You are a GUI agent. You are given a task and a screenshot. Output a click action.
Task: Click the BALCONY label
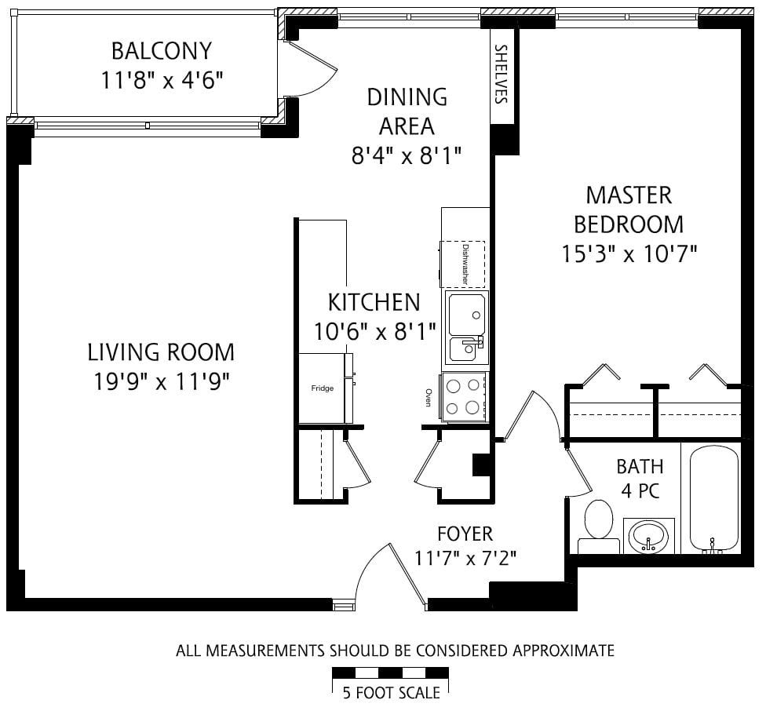point(162,51)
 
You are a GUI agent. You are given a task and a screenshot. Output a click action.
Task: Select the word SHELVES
point(502,75)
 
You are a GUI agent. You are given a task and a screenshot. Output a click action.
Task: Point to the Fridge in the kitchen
point(323,388)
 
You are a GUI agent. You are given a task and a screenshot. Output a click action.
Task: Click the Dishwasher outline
point(462,264)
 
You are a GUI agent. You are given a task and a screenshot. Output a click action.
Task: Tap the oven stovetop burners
point(464,396)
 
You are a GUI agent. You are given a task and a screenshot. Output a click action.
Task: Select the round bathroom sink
point(648,536)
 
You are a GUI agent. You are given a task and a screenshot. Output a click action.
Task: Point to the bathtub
point(713,500)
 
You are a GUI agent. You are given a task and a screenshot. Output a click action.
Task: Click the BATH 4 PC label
point(640,479)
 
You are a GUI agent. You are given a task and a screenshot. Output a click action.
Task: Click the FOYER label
point(465,534)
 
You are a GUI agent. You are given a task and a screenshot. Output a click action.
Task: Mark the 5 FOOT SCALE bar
point(390,672)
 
